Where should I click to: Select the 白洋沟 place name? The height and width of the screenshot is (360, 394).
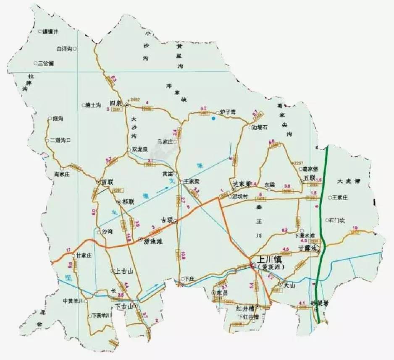pos(65,49)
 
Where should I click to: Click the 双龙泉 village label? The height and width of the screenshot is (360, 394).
pos(140,149)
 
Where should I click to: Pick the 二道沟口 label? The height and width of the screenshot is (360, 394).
pos(60,141)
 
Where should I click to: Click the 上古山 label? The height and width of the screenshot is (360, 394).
pos(124,271)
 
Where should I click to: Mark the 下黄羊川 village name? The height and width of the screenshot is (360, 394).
pos(102,316)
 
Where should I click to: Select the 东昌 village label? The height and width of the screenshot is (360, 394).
pos(222,293)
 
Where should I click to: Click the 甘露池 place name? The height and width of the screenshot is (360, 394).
pos(307,248)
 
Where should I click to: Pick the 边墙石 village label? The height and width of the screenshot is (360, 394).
pos(260,127)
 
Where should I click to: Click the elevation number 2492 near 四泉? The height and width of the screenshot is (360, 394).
pos(135,99)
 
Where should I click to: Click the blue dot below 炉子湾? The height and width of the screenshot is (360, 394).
pos(214,119)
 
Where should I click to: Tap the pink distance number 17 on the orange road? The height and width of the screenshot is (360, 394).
pos(68,250)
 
